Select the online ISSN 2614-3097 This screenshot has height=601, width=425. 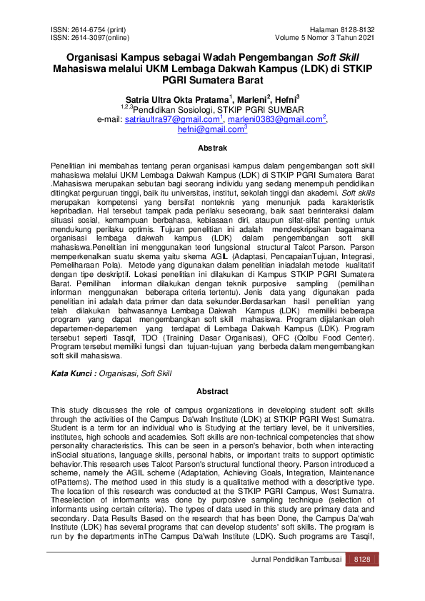(x=81, y=37)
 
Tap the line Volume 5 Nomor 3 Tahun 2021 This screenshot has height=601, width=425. (x=324, y=37)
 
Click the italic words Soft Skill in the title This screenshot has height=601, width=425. (x=339, y=57)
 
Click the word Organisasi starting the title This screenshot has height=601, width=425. (x=93, y=57)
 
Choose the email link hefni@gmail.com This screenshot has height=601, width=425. (x=211, y=130)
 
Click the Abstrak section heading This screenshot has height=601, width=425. (x=212, y=148)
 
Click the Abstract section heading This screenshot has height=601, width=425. (x=212, y=391)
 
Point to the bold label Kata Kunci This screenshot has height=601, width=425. (x=71, y=373)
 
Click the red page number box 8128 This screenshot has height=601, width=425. (x=363, y=579)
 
